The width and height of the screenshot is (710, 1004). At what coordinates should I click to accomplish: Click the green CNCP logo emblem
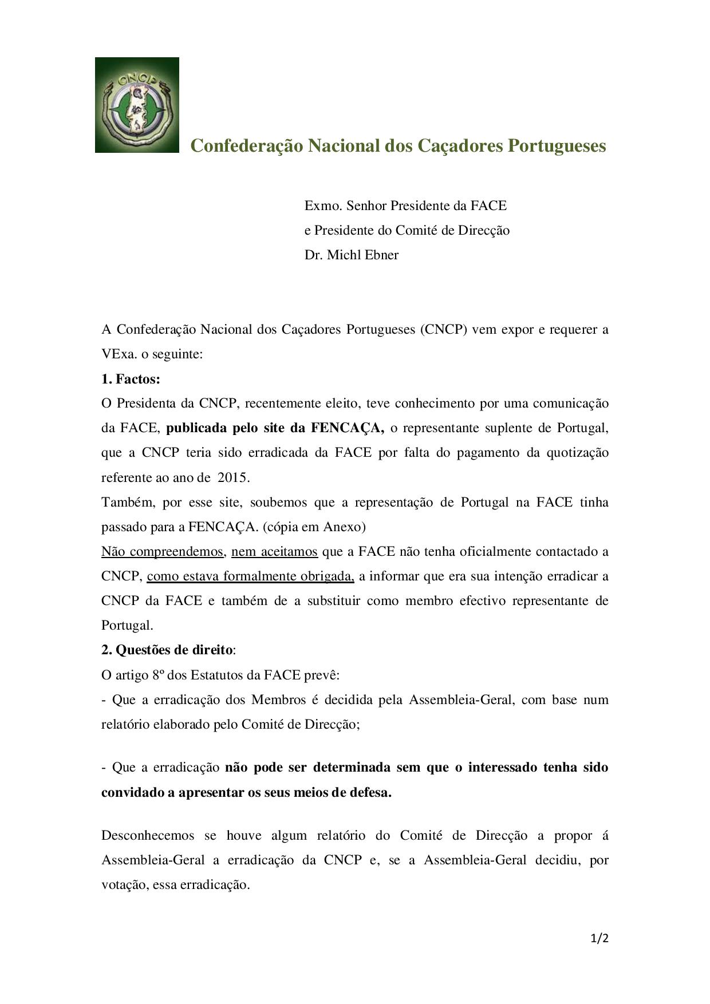coord(137,105)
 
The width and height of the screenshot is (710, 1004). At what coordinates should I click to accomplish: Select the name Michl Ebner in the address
coord(362,255)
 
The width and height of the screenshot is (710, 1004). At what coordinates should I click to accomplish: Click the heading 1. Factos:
coord(131,379)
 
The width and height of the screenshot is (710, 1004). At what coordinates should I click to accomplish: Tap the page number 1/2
coord(599,938)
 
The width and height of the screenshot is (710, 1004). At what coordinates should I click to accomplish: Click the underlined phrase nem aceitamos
coord(274,552)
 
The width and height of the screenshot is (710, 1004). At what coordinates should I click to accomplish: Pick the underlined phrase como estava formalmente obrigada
coord(250,576)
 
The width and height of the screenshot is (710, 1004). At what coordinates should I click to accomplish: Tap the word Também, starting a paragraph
coord(128,503)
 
